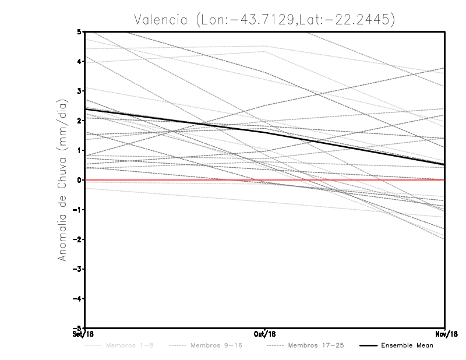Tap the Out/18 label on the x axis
click(x=265, y=334)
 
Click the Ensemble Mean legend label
click(x=407, y=345)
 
